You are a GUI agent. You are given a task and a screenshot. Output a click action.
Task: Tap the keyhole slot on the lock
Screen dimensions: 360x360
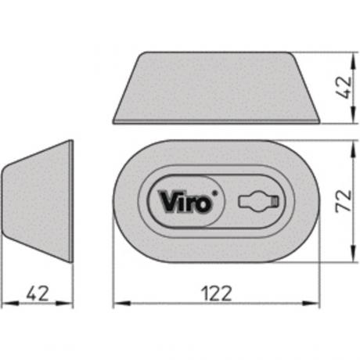[258, 201]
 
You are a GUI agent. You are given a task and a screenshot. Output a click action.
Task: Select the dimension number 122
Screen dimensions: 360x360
[217, 293]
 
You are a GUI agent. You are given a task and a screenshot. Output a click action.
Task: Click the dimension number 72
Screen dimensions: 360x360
[344, 200]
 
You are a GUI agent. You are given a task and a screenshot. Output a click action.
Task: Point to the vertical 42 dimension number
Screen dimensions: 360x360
[344, 88]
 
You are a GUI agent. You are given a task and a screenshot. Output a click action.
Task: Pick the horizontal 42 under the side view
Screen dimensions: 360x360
[38, 293]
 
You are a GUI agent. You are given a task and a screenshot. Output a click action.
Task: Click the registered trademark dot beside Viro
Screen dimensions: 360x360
[215, 193]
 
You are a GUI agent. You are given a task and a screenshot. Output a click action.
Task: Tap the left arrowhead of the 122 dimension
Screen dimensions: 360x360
[122, 304]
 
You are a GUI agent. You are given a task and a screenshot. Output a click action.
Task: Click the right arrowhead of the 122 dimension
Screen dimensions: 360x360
[311, 304]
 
